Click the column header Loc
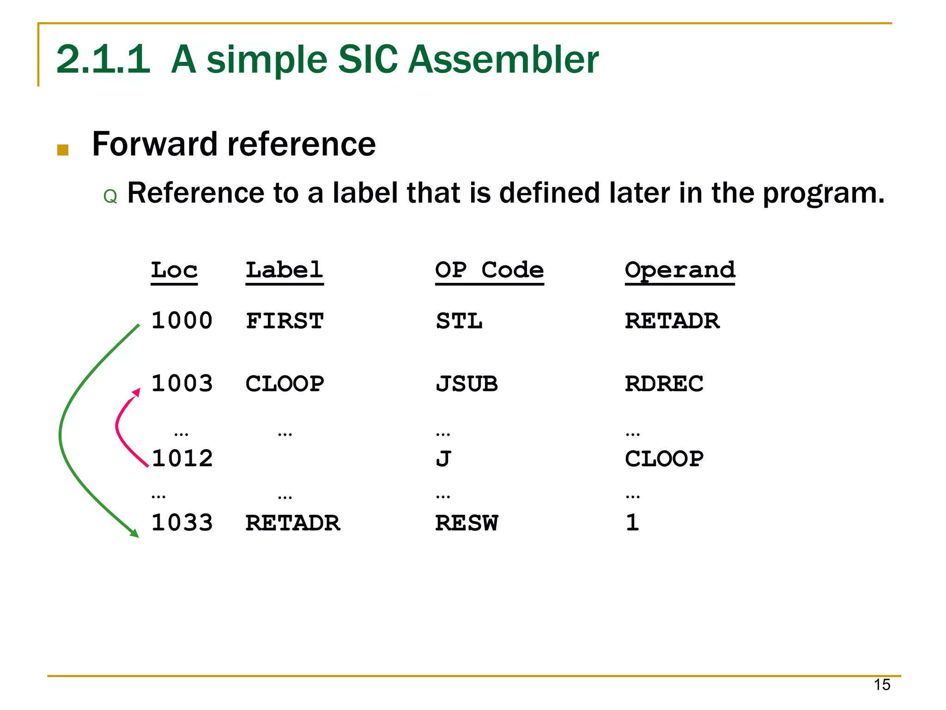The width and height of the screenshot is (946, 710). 174,271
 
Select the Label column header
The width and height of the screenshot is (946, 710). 284,271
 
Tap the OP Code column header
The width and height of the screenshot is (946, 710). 489,271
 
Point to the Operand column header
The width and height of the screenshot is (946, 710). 679,271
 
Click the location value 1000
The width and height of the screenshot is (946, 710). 182,321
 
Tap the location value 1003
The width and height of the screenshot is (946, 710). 182,384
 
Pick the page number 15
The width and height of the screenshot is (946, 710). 881,685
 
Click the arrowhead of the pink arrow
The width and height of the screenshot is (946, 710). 136,392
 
